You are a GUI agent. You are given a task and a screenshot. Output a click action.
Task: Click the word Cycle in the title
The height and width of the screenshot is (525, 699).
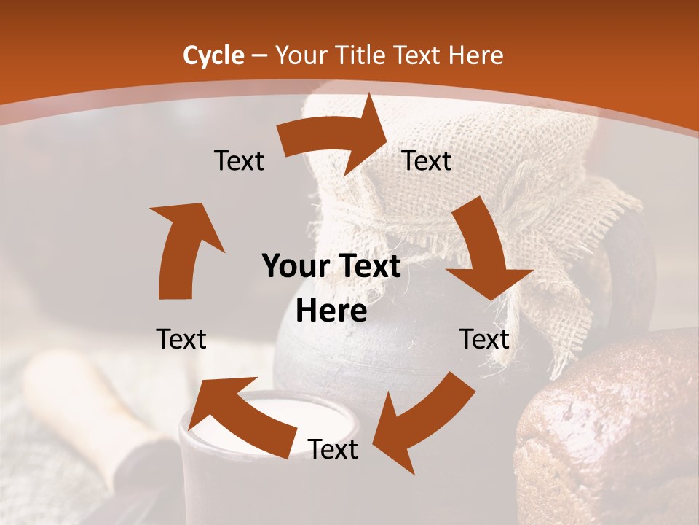(x=213, y=55)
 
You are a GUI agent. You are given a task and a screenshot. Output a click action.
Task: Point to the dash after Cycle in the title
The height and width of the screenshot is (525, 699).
(x=258, y=56)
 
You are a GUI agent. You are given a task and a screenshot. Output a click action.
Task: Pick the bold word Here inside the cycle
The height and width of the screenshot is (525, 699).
(x=331, y=311)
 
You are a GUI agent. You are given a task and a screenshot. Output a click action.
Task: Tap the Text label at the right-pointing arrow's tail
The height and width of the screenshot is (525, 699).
(x=239, y=161)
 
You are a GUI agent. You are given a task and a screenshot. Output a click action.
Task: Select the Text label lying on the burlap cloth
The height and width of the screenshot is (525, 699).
(x=427, y=161)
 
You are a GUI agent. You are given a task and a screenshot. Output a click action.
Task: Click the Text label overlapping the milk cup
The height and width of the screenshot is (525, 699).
(x=333, y=450)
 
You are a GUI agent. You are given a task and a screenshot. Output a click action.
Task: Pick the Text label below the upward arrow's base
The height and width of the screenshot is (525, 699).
(x=181, y=339)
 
